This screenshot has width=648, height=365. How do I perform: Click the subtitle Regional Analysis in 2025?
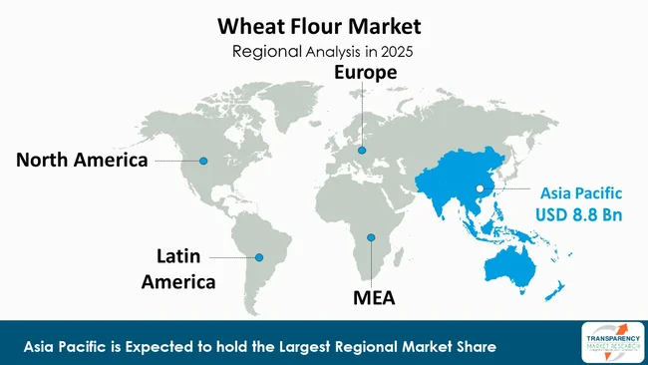tap(323, 50)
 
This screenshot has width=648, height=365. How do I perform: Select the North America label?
tap(82, 160)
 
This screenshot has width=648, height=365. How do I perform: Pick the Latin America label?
tap(178, 268)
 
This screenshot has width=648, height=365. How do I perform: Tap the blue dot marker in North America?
tap(203, 161)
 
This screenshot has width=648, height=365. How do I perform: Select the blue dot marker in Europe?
tap(362, 151)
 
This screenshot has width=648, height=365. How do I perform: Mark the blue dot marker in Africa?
tap(370, 237)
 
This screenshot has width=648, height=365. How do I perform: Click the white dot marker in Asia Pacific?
tap(480, 187)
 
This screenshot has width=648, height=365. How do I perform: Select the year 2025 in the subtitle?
tap(394, 50)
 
